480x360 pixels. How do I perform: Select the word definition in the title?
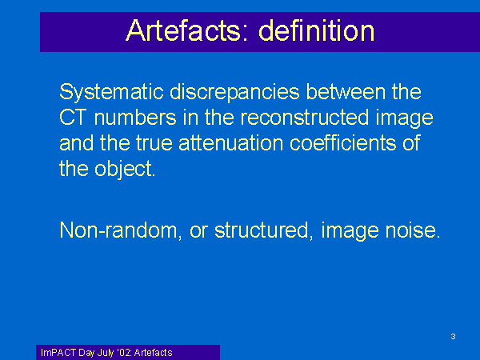tap(317, 30)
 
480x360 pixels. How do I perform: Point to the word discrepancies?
tap(234, 93)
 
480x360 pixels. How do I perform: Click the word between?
tap(346, 91)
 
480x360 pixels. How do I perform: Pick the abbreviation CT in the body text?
tap(72, 118)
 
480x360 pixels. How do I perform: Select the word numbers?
tap(135, 118)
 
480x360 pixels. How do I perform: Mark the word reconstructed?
tap(305, 118)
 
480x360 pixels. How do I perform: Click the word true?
tap(154, 143)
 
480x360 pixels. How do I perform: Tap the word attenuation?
tap(231, 143)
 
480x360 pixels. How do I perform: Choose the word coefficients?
tap(342, 142)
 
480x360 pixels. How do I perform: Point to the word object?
tap(125, 170)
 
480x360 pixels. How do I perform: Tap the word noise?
tap(413, 230)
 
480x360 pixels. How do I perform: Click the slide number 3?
tap(453, 337)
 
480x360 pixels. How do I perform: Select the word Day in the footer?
tap(86, 354)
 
